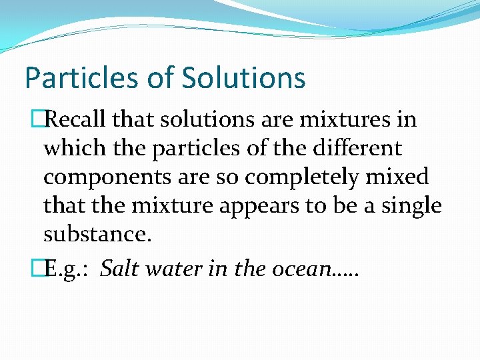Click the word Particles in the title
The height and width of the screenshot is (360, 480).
click(x=71, y=78)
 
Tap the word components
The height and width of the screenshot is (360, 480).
click(x=102, y=179)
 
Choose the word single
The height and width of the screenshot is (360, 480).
click(x=411, y=207)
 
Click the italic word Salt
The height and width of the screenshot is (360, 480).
click(x=123, y=269)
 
